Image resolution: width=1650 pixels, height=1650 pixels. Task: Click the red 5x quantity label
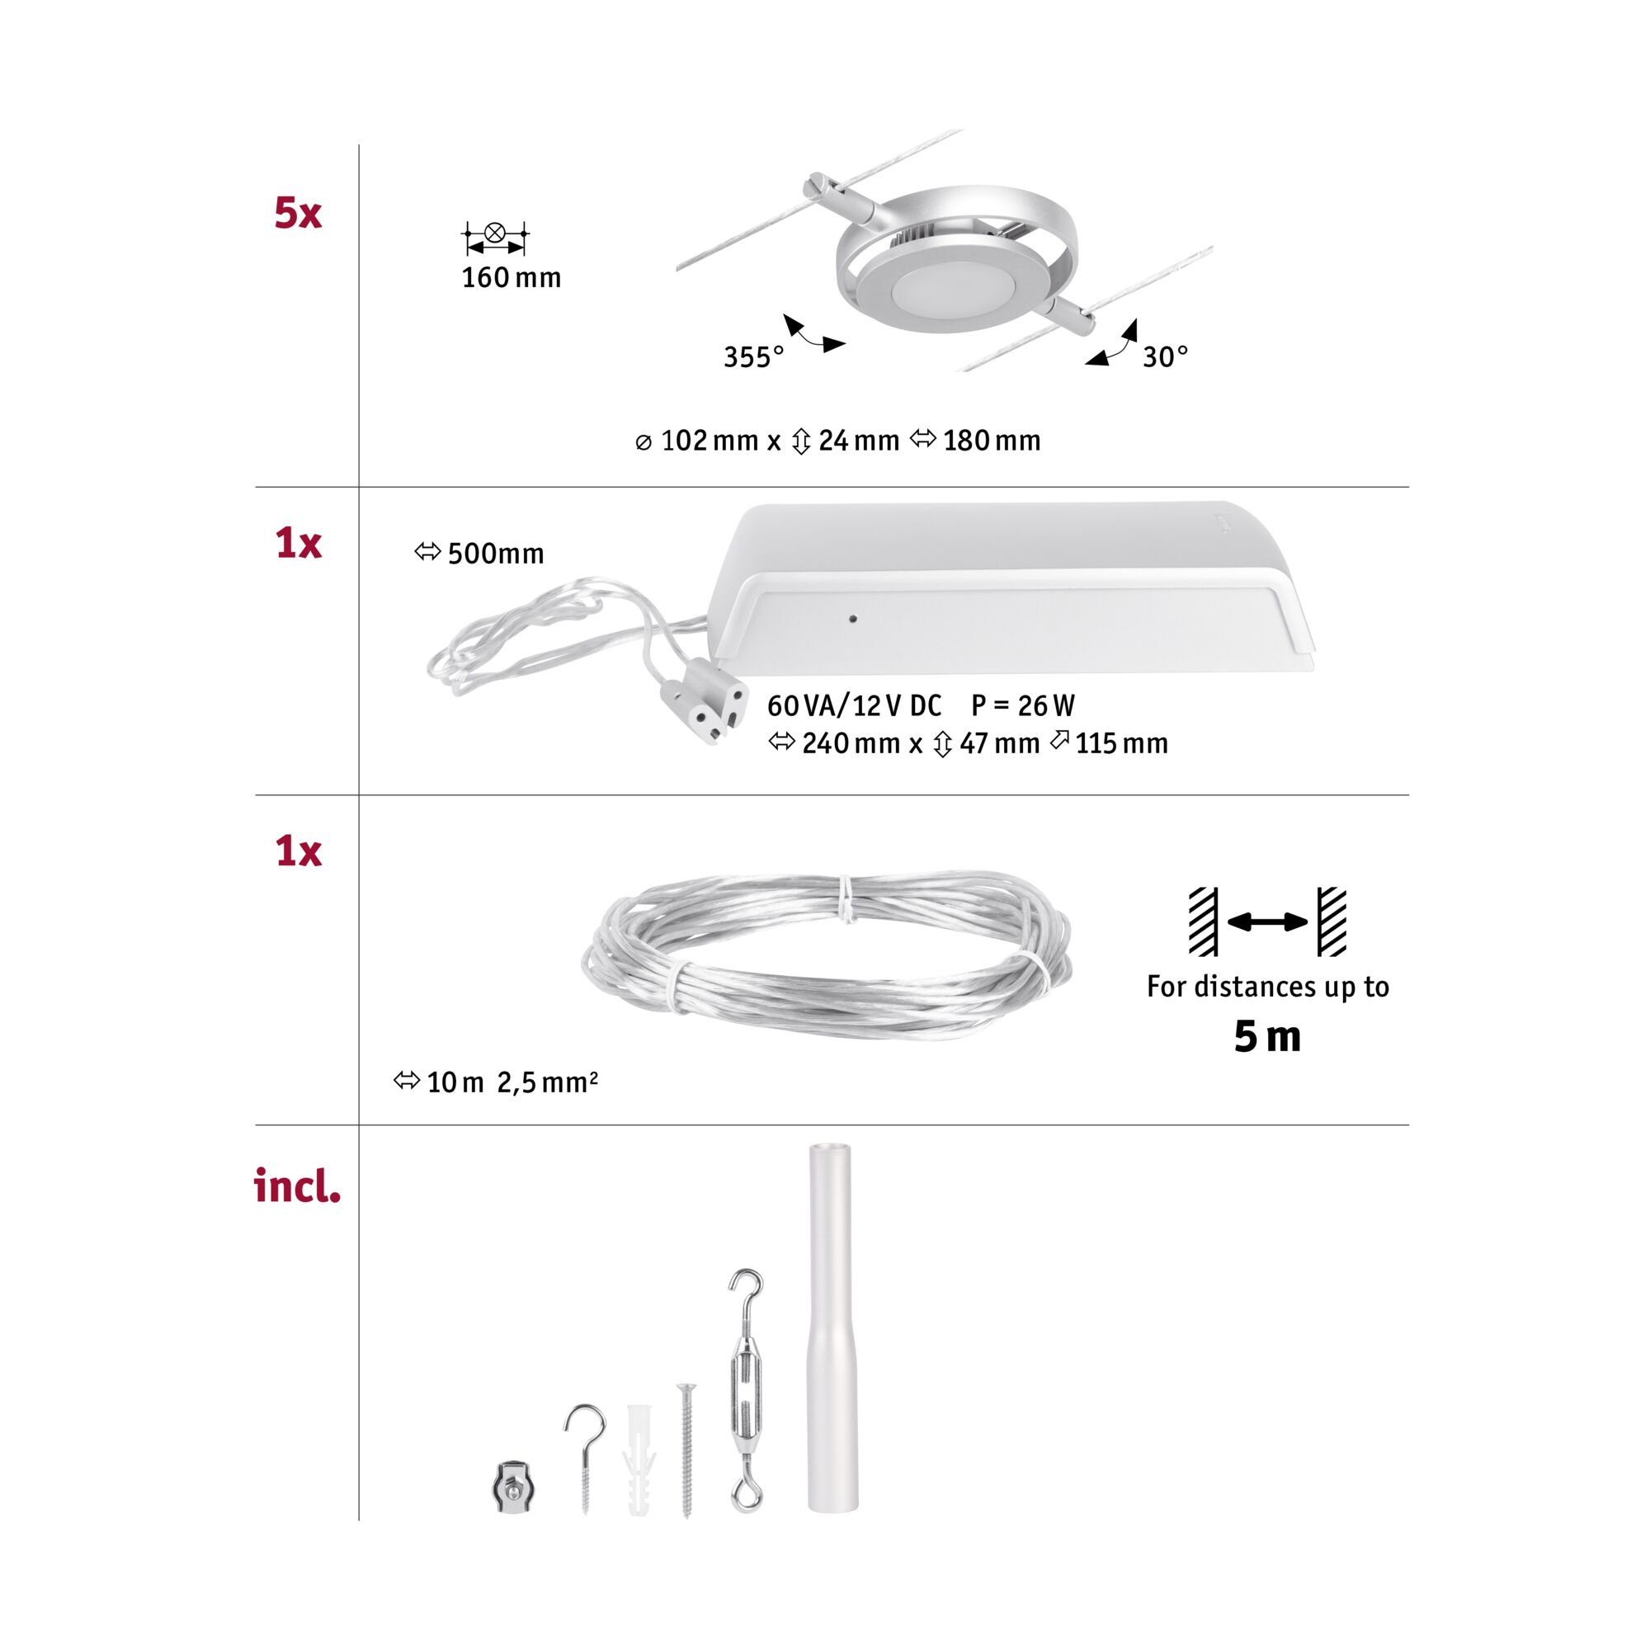pyautogui.click(x=297, y=213)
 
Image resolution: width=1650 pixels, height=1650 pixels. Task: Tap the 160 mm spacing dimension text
pyautogui.click(x=511, y=277)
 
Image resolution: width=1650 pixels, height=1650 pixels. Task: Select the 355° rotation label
pyautogui.click(x=753, y=357)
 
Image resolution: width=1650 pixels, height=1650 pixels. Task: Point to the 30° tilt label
pyautogui.click(x=1165, y=357)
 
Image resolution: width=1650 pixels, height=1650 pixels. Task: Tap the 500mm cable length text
pyautogui.click(x=495, y=554)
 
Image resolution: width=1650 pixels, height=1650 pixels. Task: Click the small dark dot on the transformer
pyautogui.click(x=852, y=618)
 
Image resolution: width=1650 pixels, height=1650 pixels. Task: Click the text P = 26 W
pyautogui.click(x=1022, y=705)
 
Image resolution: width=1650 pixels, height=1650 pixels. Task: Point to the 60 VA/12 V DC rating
pyautogui.click(x=854, y=705)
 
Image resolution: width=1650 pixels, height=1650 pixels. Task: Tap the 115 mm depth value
pyautogui.click(x=1120, y=744)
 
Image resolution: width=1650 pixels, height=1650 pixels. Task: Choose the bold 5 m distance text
pyautogui.click(x=1266, y=1037)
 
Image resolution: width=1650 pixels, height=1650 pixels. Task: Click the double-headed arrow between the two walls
pyautogui.click(x=1266, y=922)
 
